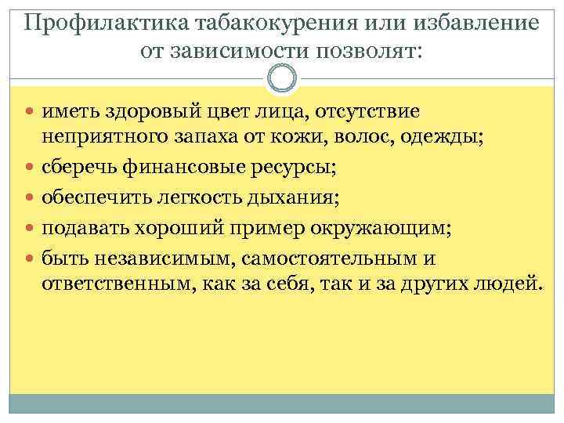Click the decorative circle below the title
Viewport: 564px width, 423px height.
(282, 78)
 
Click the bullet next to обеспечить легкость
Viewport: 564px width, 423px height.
(31, 198)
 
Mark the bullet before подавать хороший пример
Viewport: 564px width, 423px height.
(31, 228)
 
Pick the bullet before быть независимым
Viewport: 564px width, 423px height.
(31, 258)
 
